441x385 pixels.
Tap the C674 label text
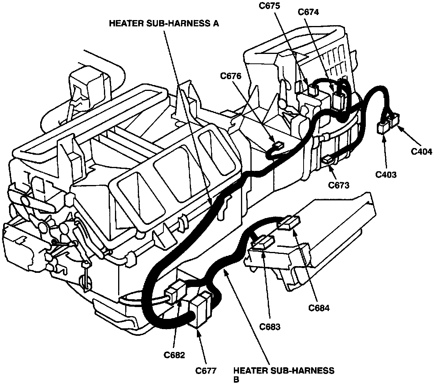pos(309,12)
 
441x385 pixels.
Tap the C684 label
pos(319,307)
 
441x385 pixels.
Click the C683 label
pos(270,326)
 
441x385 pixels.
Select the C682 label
pos(174,355)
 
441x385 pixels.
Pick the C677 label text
pos(206,370)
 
